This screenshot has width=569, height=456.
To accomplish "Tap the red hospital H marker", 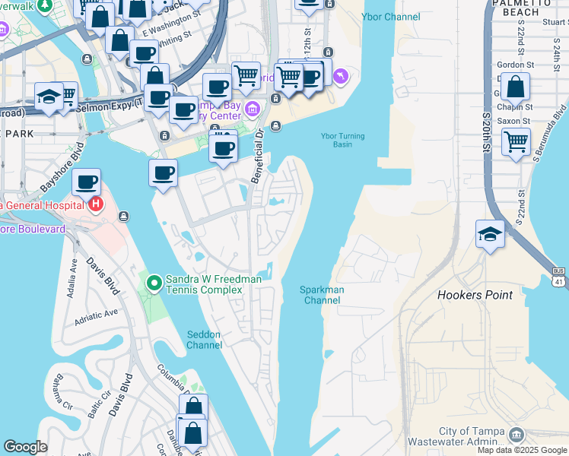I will click(x=95, y=204).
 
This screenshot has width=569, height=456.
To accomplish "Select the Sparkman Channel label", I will click(x=322, y=295).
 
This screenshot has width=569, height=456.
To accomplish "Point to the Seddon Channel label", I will click(x=204, y=340).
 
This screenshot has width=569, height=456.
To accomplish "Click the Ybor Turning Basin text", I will click(x=342, y=141).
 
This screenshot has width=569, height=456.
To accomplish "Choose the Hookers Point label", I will click(x=475, y=295).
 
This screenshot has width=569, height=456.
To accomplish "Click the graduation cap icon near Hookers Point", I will click(x=490, y=234).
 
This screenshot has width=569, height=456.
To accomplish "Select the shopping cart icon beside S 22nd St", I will click(x=516, y=141).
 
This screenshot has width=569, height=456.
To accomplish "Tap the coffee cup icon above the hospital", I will click(x=87, y=182).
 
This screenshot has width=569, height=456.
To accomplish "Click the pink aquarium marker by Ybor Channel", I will click(x=339, y=75).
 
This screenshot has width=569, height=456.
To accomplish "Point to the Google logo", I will click(x=26, y=447).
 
